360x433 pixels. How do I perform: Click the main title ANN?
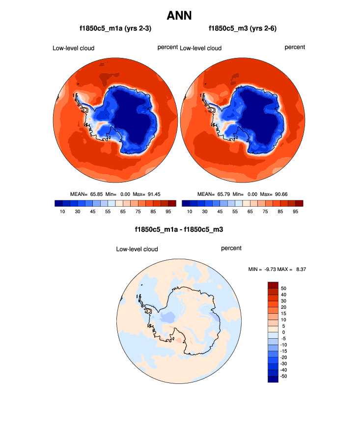click(179, 16)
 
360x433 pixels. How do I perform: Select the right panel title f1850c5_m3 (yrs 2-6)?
click(243, 28)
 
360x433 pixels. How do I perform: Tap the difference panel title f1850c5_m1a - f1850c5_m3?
click(179, 229)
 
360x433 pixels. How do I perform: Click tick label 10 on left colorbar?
click(62, 212)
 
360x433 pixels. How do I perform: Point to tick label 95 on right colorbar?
click(296, 212)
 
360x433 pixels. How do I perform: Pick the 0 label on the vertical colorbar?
click(283, 332)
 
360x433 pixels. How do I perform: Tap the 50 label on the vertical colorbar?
click(283, 288)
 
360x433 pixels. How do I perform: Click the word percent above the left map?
click(167, 47)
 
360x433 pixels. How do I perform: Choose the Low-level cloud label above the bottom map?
click(137, 249)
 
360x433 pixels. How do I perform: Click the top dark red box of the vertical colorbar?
click(273, 285)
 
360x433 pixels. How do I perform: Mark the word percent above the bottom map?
click(231, 248)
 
